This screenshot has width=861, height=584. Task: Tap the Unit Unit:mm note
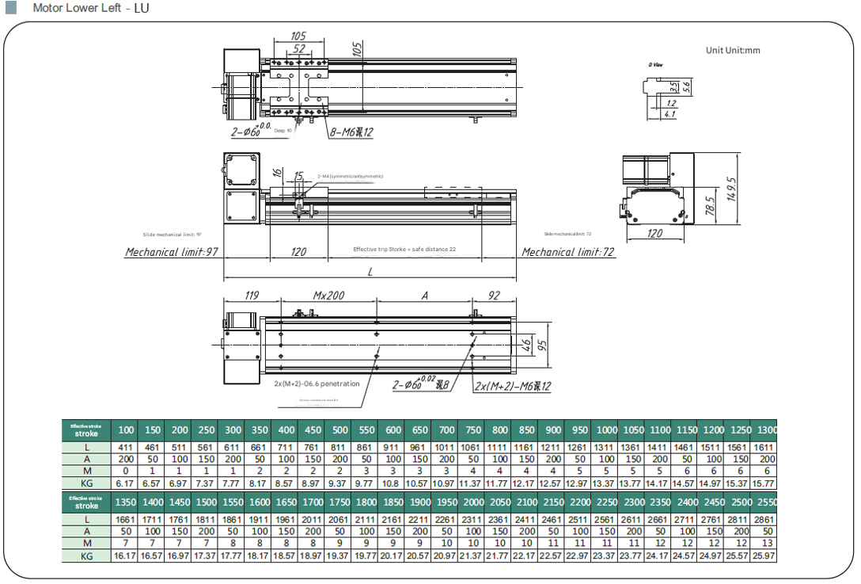point(733,51)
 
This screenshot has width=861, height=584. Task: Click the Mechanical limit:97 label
point(172,252)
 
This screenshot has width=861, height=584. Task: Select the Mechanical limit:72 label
point(568,252)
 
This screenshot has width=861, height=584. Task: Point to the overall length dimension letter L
point(370,272)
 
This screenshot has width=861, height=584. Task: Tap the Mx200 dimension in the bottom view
point(328,296)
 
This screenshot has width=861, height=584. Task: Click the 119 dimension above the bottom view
point(252,296)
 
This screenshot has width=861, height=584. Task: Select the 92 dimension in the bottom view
point(494,296)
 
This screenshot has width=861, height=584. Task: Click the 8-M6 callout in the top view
point(351,132)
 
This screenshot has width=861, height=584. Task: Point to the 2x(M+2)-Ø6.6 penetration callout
point(317,384)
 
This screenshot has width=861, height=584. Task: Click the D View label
point(655,64)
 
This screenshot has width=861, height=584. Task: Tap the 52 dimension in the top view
point(298,48)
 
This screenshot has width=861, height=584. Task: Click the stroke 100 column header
point(126,429)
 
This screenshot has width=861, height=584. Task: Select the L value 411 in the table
point(126,448)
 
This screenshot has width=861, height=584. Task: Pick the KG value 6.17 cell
point(126,483)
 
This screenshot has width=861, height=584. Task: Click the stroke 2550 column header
point(767,502)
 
